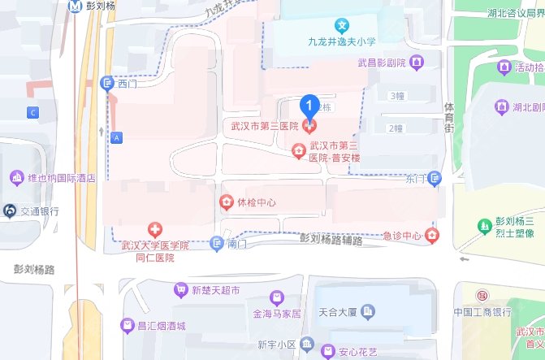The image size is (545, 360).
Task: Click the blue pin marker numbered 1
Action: [309, 106]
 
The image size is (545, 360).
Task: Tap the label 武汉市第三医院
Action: [265, 127]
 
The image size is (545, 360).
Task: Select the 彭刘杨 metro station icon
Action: [76, 6]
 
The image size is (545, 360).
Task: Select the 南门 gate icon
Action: [216, 243]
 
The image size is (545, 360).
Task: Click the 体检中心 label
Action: [257, 202]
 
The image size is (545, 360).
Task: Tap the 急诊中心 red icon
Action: [433, 236]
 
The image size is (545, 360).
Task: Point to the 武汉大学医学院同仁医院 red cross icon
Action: [154, 231]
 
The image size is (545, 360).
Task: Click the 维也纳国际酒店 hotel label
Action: [63, 177]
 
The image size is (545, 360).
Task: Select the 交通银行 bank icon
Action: [10, 210]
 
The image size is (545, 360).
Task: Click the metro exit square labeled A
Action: [117, 137]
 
